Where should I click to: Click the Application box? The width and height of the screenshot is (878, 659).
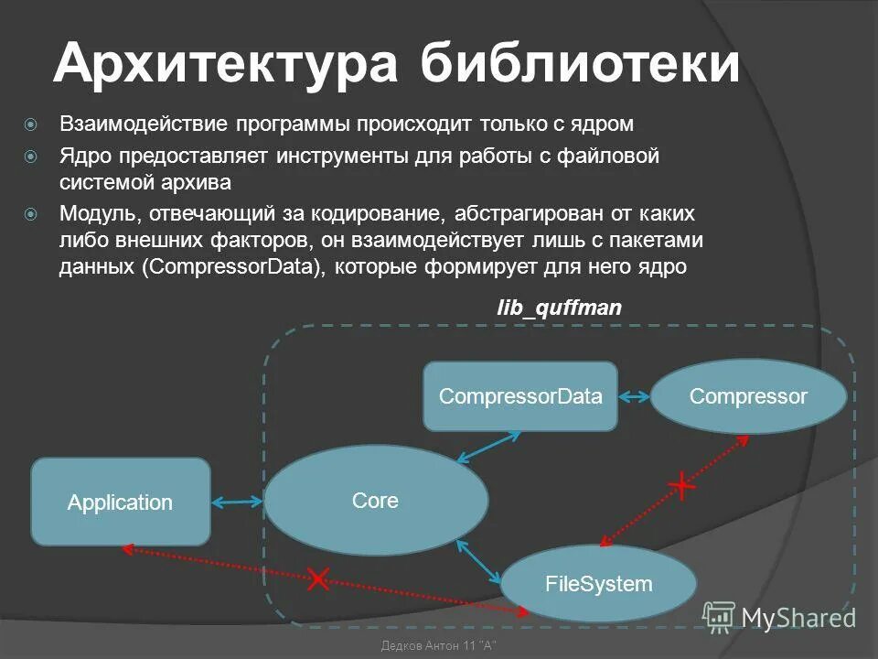click(121, 502)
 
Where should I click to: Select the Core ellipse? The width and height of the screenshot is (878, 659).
click(376, 500)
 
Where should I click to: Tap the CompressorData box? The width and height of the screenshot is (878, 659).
click(519, 396)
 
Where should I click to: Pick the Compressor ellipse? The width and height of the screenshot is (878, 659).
click(748, 396)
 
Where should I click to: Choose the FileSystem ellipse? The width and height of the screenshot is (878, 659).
click(598, 583)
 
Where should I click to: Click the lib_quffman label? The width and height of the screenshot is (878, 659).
click(559, 308)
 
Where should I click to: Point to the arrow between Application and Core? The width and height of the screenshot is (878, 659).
click(238, 502)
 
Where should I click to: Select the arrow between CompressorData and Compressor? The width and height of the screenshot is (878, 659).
click(634, 396)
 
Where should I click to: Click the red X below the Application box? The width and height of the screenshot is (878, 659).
click(318, 578)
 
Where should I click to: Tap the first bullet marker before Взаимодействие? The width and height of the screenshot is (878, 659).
click(31, 124)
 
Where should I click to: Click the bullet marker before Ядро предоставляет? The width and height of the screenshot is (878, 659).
click(31, 157)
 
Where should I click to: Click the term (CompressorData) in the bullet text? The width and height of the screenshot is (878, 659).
click(233, 267)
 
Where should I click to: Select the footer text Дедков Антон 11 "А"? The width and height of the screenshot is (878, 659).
click(437, 646)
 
